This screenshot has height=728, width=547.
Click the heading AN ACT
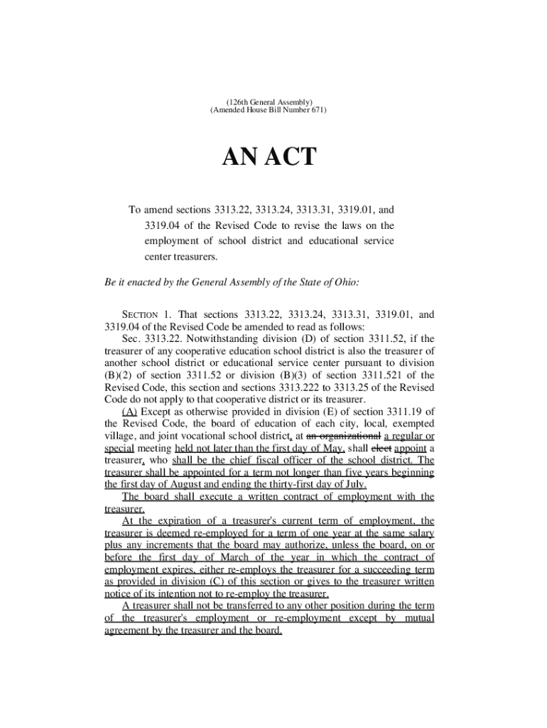coord(270,157)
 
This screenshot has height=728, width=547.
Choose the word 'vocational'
coord(211,436)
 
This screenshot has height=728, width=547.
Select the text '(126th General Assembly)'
coord(269,102)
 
